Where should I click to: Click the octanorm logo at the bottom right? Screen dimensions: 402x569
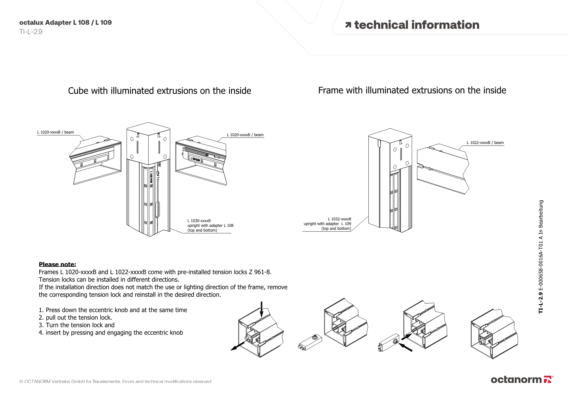click(522, 380)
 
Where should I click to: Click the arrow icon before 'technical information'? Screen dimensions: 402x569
click(348, 25)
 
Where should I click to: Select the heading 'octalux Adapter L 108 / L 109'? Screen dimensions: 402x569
click(65, 22)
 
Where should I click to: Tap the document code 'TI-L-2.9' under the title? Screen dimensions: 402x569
click(31, 32)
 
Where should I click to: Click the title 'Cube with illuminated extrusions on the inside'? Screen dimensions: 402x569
click(160, 91)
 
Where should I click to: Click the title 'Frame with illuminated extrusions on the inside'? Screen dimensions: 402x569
click(412, 90)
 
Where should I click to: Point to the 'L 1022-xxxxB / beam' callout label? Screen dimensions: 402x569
click(485, 143)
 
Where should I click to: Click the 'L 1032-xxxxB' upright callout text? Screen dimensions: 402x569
click(339, 219)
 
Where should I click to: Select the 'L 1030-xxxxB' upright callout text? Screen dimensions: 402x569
click(199, 221)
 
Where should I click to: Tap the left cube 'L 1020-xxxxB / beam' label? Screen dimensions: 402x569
click(55, 132)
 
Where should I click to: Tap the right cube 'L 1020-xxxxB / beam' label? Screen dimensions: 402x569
click(245, 135)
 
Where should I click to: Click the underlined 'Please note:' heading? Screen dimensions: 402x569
click(57, 264)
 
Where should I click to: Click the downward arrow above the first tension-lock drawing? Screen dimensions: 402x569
click(261, 309)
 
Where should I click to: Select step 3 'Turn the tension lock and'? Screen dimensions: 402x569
click(77, 325)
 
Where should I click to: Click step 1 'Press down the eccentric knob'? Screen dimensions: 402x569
click(113, 310)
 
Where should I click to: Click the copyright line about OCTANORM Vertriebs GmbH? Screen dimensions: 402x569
click(116, 382)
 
